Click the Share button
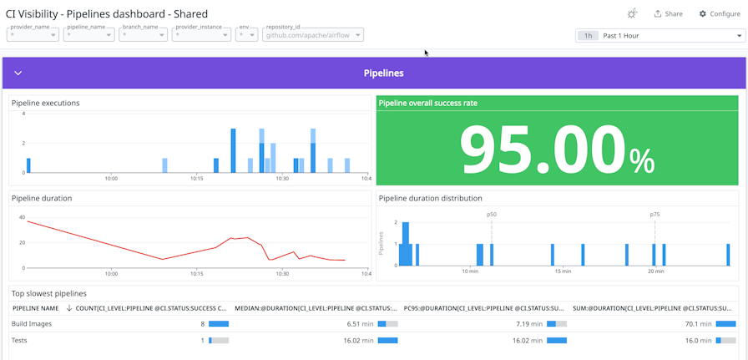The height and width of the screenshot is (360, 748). pos(668,14)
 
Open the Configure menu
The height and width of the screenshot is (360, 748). pos(719,14)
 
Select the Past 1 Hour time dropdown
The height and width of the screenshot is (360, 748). pos(659,36)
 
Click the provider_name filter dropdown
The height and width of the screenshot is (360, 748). pos(33,35)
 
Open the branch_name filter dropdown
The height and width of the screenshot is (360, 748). pos(143,35)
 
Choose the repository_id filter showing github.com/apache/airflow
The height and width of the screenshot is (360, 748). pos(313,35)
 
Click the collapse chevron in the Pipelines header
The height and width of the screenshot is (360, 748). pos(18,74)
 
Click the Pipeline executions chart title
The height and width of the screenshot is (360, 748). pos(46,104)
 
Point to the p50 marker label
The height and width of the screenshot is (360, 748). pos(492,215)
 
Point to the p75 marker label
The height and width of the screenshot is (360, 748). pos(654,215)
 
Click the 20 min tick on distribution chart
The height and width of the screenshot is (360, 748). pos(655,271)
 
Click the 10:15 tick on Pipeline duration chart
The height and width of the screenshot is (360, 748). pos(197,272)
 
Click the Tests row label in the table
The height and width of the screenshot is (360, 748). pos(20,340)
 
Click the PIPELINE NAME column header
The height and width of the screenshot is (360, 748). pos(36,308)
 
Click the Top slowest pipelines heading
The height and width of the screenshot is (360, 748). pos(48,294)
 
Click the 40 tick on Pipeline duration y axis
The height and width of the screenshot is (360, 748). pos(22,217)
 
